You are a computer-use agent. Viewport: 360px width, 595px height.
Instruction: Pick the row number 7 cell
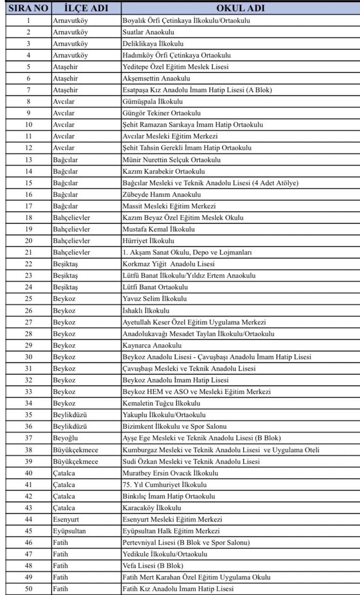pyautogui.click(x=28, y=90)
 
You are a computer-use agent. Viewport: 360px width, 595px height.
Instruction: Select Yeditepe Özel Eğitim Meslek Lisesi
pyautogui.click(x=176, y=67)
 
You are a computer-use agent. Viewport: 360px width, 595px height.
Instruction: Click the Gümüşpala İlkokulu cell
pyautogui.click(x=152, y=102)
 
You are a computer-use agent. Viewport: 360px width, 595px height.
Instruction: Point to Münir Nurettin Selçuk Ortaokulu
pyautogui.click(x=171, y=160)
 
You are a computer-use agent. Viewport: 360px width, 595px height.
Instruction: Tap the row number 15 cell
pyautogui.click(x=28, y=183)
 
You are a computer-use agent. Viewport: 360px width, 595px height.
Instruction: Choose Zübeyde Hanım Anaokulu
pyautogui.click(x=162, y=195)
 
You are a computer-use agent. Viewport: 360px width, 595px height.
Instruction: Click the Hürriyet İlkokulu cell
pyautogui.click(x=148, y=241)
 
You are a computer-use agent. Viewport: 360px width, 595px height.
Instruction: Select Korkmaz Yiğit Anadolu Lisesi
pyautogui.click(x=168, y=264)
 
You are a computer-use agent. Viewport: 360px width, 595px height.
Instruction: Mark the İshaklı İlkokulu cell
pyautogui.click(x=146, y=311)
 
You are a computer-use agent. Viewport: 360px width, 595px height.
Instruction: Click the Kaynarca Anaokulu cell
pyautogui.click(x=152, y=345)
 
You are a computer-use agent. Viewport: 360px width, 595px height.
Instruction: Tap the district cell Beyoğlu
pyautogui.click(x=65, y=438)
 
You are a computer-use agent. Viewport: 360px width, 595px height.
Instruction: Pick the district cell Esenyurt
pyautogui.click(x=66, y=519)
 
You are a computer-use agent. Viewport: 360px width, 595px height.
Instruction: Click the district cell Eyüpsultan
pyautogui.click(x=69, y=531)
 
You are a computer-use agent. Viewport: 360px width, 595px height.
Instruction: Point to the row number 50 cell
pyautogui.click(x=28, y=589)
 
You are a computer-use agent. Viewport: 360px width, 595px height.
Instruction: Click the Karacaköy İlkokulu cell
pyautogui.click(x=152, y=508)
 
